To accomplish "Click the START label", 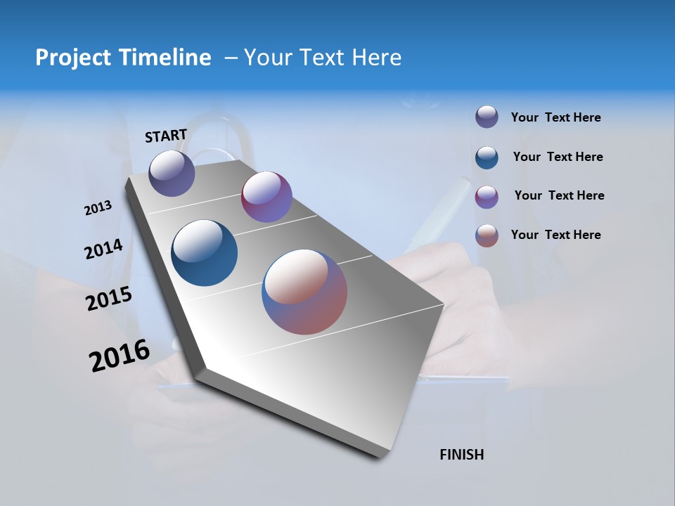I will click(166, 136).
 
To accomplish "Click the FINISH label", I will click(462, 455).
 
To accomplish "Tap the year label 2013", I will click(98, 207).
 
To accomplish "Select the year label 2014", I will click(104, 249).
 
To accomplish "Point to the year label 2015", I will click(109, 299).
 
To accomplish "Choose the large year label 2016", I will click(120, 355).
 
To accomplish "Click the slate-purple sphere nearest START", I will click(172, 173).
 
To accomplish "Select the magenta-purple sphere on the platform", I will click(266, 197).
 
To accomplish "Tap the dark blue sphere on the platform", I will click(205, 253).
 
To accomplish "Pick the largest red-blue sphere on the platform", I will click(304, 292).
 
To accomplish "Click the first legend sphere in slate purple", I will click(487, 117).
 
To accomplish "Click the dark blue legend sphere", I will click(487, 157).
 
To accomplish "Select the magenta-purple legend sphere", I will click(487, 197).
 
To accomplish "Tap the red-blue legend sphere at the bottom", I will click(487, 235).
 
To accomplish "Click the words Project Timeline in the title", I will click(123, 58).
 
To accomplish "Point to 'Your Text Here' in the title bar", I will click(323, 58).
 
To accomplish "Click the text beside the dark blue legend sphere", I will click(558, 157).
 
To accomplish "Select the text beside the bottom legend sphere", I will click(555, 235).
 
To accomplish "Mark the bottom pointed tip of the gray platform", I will click(380, 457).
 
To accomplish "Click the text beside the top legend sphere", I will click(555, 117).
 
